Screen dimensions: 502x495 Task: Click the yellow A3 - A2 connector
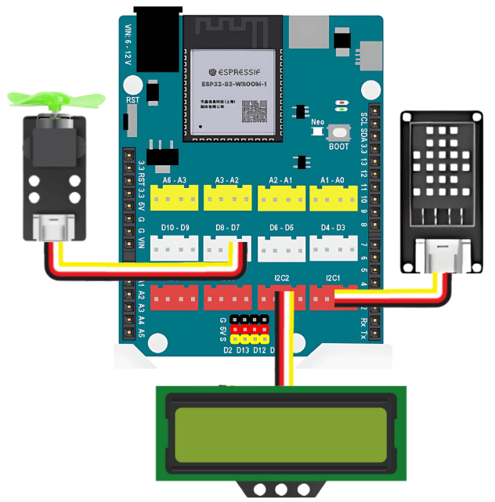point(227,198)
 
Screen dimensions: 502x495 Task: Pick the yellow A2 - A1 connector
point(280,198)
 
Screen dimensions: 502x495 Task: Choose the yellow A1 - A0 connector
point(333,198)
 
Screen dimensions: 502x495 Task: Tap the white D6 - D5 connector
point(280,248)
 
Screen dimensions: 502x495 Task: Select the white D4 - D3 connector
point(333,248)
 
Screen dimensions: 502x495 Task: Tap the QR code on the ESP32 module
point(255,111)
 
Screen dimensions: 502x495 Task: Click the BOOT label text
point(339,146)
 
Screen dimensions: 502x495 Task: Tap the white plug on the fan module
point(54,229)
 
